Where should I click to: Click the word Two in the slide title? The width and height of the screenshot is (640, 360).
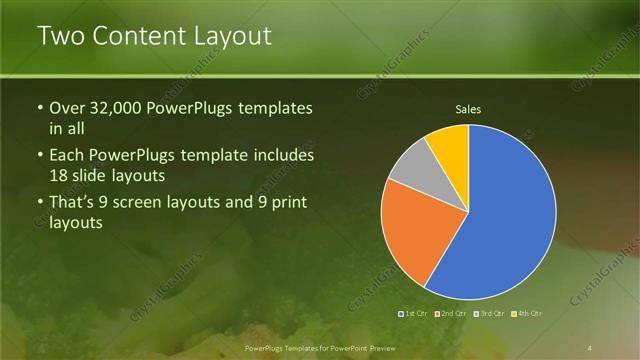59,37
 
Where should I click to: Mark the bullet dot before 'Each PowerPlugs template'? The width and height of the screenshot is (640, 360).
40,157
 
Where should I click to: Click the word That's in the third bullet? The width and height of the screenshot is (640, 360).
73,204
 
